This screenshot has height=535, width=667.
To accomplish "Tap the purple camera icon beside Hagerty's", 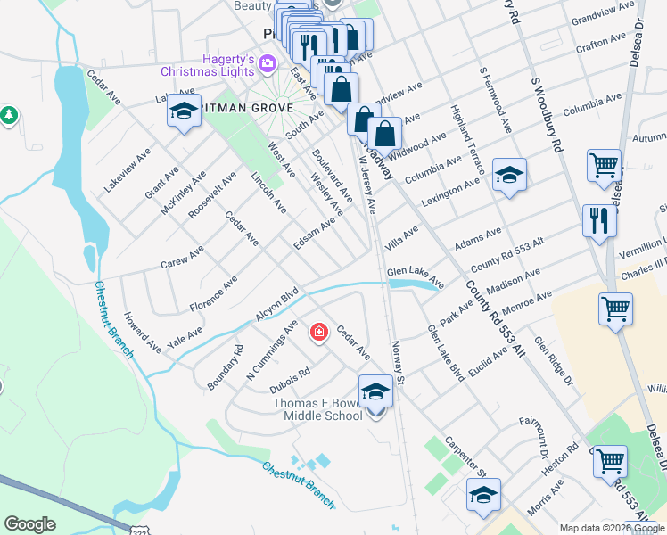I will click(269, 65).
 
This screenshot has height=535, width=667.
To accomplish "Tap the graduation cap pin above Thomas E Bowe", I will click(375, 391).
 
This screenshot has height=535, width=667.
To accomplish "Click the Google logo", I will click(30, 524).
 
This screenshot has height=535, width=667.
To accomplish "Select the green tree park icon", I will click(9, 115).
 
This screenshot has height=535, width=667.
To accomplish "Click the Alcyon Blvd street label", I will click(276, 305).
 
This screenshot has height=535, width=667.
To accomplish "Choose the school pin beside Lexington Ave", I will click(509, 175).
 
